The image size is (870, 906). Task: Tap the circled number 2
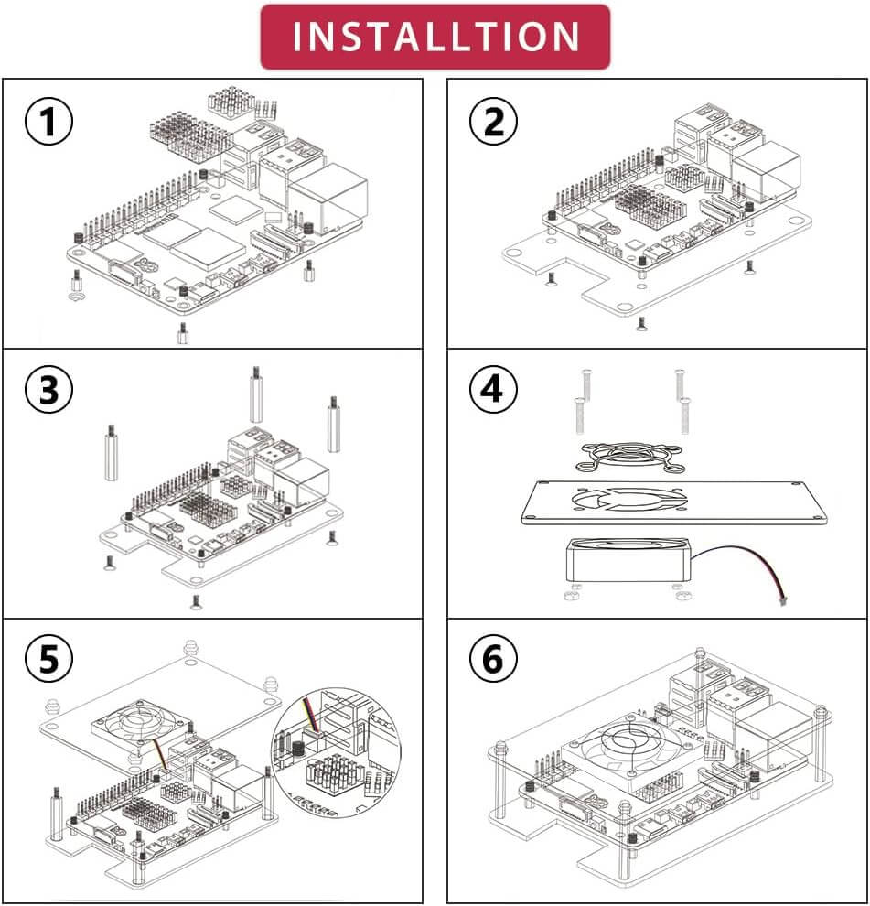pos(493,122)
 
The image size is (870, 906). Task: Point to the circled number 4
pos(493,391)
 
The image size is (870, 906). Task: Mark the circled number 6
pos(493,660)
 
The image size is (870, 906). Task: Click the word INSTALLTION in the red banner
pos(435,37)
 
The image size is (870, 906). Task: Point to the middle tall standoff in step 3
pos(255,395)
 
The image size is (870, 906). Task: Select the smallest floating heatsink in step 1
pos(229,102)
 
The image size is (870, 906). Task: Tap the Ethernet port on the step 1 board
pos(328,202)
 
